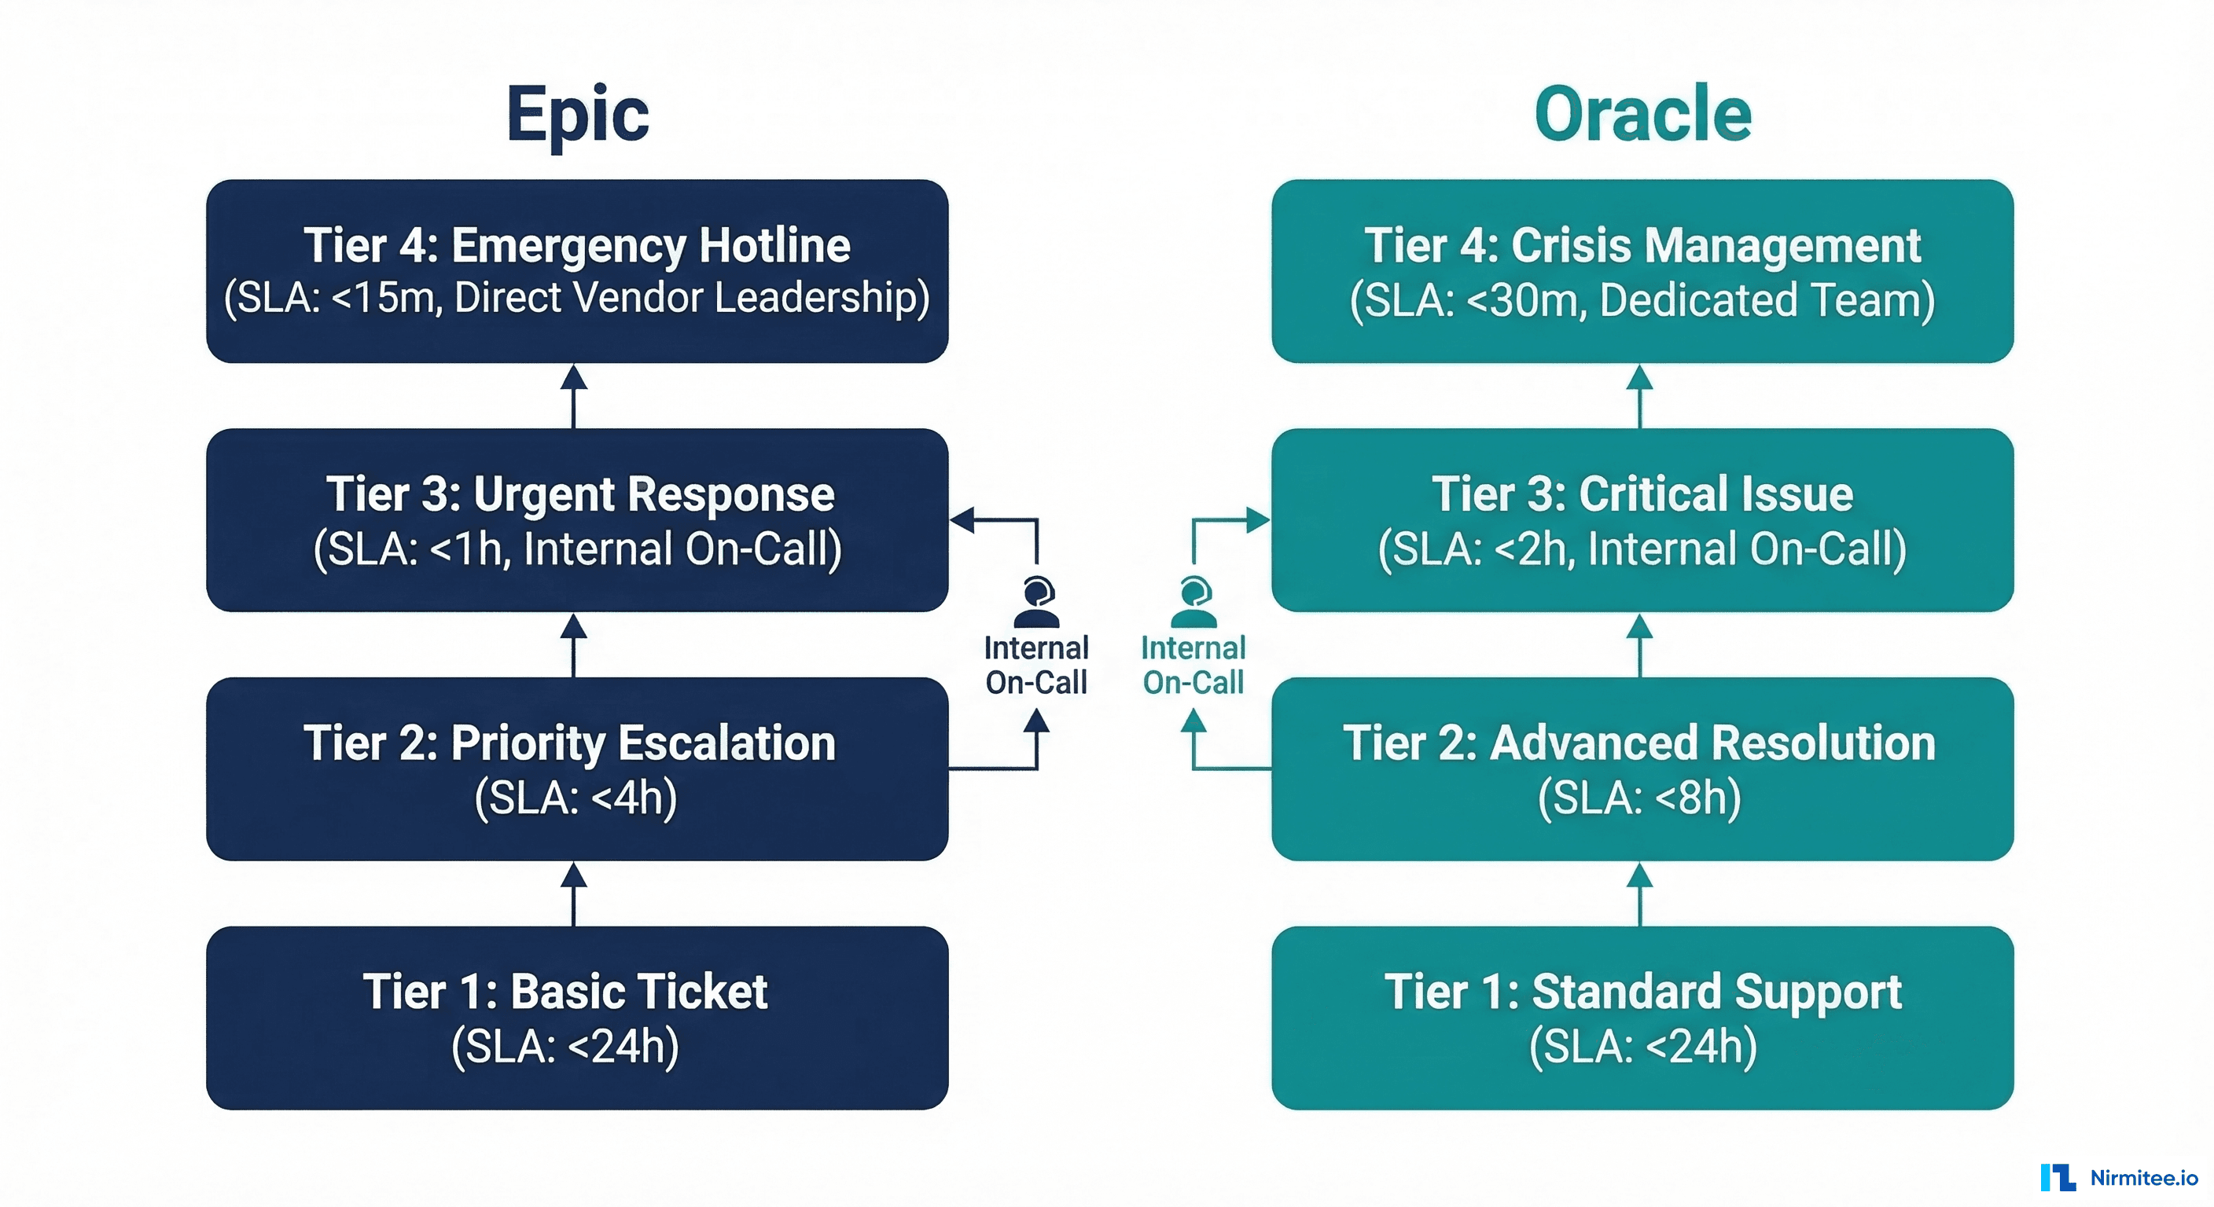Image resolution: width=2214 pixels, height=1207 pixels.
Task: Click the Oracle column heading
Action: tap(1642, 114)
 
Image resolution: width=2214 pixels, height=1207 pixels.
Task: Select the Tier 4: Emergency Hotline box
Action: tap(577, 270)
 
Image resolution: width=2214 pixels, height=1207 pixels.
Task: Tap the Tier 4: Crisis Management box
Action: tap(1642, 270)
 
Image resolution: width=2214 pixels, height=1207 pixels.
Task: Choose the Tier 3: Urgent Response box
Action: tap(577, 519)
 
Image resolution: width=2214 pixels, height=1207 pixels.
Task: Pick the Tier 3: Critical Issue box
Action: tap(1642, 519)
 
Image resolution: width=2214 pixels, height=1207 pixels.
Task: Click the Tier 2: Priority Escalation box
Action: tap(577, 769)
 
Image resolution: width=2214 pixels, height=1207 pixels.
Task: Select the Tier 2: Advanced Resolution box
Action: tap(1642, 769)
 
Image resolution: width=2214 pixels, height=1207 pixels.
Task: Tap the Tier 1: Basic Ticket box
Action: tap(577, 1018)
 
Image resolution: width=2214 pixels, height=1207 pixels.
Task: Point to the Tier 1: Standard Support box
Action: tap(1642, 1018)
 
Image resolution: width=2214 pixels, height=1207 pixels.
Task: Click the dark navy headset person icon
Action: tap(1036, 602)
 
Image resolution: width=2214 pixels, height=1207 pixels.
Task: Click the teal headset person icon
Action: tap(1193, 602)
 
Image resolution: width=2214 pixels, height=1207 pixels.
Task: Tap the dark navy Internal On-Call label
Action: tap(1035, 665)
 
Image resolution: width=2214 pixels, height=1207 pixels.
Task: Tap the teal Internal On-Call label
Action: tap(1193, 665)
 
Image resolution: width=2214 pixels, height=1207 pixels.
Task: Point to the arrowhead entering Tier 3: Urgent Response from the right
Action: tap(962, 519)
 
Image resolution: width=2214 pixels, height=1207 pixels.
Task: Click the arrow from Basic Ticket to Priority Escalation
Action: tap(574, 894)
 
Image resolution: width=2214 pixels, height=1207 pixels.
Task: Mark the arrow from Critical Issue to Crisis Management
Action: tap(1640, 396)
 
